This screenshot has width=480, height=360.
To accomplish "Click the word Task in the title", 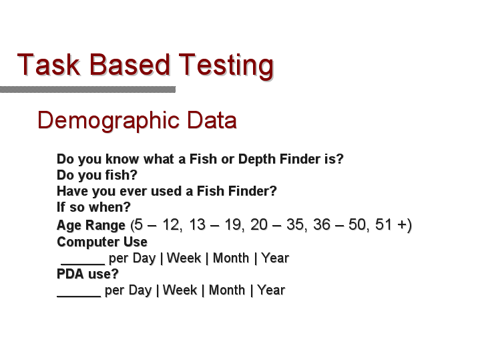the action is pyautogui.click(x=49, y=64).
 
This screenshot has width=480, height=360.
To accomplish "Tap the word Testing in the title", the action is pyautogui.click(x=226, y=66).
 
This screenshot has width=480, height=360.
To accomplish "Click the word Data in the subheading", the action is pyautogui.click(x=212, y=120).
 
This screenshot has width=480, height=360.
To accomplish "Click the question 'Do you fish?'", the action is pyautogui.click(x=97, y=176).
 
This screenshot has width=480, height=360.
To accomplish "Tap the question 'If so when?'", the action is pyautogui.click(x=93, y=207).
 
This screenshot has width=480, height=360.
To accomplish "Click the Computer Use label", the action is pyautogui.click(x=102, y=242).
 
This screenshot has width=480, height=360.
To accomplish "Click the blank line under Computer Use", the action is pyautogui.click(x=83, y=264).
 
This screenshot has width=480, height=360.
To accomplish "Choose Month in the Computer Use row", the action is pyautogui.click(x=231, y=258).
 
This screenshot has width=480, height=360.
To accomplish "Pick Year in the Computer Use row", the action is pyautogui.click(x=275, y=258).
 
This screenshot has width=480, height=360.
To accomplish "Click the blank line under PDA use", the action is pyautogui.click(x=79, y=296).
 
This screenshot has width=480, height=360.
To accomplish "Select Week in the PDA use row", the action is pyautogui.click(x=180, y=290).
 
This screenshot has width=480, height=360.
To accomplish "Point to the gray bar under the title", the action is pyautogui.click(x=88, y=89).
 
